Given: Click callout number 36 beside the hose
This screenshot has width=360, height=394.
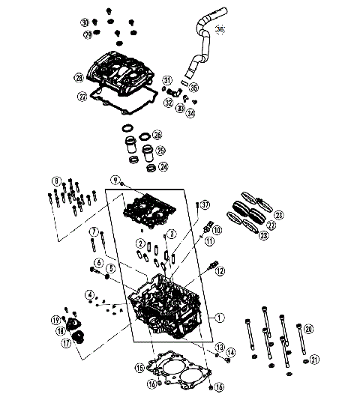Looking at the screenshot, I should click(x=220, y=29).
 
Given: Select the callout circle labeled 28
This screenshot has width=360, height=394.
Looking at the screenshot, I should click(x=78, y=77).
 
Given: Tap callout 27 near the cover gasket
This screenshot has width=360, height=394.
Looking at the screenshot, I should click(x=82, y=96).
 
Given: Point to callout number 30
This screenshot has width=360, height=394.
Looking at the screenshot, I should click(x=85, y=22).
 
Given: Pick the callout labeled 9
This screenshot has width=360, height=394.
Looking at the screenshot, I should click(x=116, y=180).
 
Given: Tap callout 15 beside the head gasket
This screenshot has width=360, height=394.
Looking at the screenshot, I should click(x=139, y=368).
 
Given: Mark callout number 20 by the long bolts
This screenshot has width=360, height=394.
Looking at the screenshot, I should click(x=309, y=328).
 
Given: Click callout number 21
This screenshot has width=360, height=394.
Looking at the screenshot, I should click(x=315, y=360).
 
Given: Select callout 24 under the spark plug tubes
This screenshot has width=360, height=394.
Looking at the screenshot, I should click(x=163, y=166).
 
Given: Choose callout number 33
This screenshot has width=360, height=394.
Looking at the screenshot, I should click(x=181, y=109).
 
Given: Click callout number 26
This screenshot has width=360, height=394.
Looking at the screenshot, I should click(x=157, y=135).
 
